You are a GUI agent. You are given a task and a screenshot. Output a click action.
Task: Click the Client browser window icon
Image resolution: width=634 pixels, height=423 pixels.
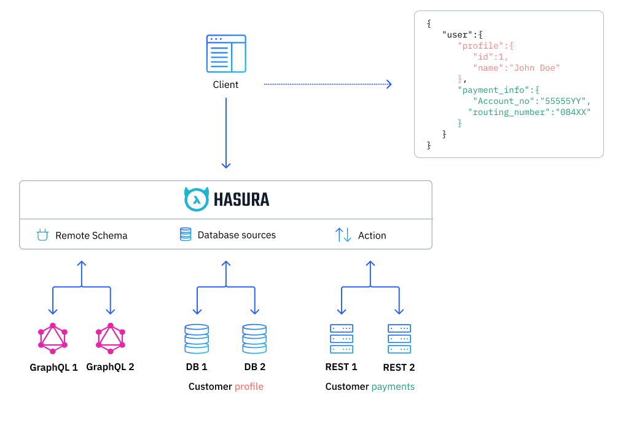click(x=225, y=54)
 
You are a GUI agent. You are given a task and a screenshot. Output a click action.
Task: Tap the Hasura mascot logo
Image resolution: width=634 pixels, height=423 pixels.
click(x=197, y=199)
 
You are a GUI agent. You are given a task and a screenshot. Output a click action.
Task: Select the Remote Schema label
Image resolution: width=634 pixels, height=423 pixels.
click(x=91, y=235)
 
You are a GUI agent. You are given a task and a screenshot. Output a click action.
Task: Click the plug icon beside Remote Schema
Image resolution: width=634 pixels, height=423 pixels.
click(x=42, y=235)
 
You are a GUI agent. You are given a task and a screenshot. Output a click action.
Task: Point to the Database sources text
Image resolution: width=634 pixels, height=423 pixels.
click(x=237, y=235)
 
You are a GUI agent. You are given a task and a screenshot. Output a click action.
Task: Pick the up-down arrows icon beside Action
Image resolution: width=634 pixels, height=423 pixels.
click(x=343, y=235)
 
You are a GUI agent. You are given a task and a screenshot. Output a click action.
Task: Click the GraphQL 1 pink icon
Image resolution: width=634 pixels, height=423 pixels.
click(x=53, y=338)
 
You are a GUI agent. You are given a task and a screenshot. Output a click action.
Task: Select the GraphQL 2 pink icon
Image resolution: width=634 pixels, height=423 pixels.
click(x=111, y=338)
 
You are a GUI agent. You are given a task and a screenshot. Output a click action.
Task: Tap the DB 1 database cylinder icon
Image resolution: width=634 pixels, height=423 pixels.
click(x=197, y=339)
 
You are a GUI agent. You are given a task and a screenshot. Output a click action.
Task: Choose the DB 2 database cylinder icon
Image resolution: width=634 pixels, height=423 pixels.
click(x=254, y=339)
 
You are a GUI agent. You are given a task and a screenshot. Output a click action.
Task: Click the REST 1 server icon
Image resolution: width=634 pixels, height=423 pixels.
click(x=342, y=339)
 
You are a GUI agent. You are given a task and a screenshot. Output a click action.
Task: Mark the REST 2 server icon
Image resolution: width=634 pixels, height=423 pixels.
click(x=399, y=339)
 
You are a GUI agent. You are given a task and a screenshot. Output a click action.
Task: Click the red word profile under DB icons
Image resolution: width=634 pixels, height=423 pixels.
click(x=249, y=387)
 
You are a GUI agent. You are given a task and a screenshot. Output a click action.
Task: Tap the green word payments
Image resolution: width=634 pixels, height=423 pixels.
click(x=393, y=387)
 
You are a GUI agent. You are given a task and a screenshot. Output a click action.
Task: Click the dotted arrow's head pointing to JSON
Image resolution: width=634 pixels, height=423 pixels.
click(x=389, y=84)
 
